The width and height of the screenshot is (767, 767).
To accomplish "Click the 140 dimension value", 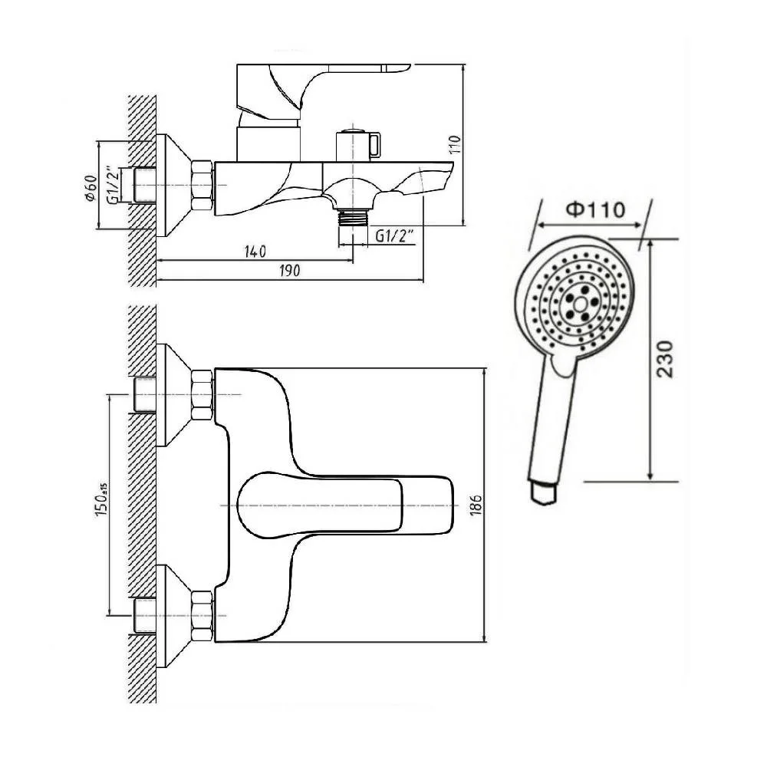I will click(255, 251).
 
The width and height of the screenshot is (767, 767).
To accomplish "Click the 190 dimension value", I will click(289, 270).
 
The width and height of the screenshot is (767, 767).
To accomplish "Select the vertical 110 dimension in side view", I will click(454, 146).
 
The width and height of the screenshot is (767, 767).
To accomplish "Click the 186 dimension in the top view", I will click(476, 505).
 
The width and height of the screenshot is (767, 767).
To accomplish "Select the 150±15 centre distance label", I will click(100, 505).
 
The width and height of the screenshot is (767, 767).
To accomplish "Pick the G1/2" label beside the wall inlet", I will click(113, 185).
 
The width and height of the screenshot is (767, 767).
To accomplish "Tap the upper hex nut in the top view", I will click(201, 394).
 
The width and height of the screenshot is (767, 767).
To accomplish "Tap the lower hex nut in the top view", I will click(201, 615).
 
